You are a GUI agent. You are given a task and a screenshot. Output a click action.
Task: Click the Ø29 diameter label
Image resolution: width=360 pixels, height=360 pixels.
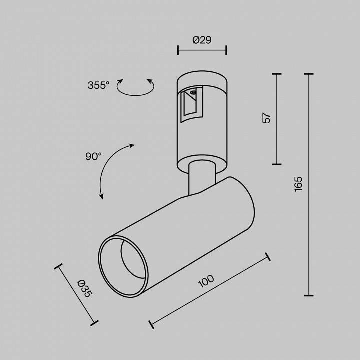click(x=202, y=40)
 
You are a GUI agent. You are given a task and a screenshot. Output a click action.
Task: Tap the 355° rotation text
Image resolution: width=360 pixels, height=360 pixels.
click(x=98, y=85)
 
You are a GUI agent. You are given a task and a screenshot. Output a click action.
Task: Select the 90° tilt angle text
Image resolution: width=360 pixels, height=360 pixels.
click(x=93, y=156)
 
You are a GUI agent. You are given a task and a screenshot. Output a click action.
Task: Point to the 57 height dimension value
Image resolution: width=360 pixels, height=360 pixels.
click(x=266, y=118)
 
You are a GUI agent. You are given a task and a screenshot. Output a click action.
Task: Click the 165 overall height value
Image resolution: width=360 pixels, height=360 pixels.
click(x=298, y=184)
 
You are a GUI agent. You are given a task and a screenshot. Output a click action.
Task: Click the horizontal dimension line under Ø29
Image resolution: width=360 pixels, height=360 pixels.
click(x=202, y=50)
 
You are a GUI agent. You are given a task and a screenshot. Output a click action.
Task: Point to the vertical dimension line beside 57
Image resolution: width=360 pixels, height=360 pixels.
click(x=276, y=119)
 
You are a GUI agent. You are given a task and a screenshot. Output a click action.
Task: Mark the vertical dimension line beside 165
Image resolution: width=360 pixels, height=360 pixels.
click(x=308, y=184)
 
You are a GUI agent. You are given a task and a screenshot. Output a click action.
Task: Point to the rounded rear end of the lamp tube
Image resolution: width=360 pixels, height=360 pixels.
click(x=245, y=205)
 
